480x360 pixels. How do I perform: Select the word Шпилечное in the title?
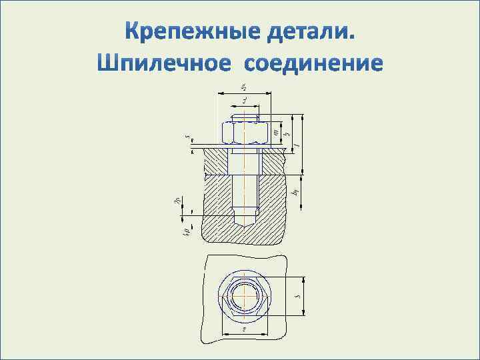click(x=164, y=63)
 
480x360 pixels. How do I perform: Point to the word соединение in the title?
click(x=313, y=63)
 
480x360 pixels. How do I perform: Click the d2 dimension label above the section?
click(x=243, y=87)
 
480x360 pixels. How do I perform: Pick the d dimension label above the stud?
click(x=245, y=100)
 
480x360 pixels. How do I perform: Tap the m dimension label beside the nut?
click(x=276, y=132)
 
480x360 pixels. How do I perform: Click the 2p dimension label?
click(x=176, y=198)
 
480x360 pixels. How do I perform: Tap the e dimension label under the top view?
click(x=245, y=329)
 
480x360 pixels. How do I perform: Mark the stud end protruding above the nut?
click(x=244, y=118)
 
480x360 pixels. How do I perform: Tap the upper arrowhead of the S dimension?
click(x=303, y=278)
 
